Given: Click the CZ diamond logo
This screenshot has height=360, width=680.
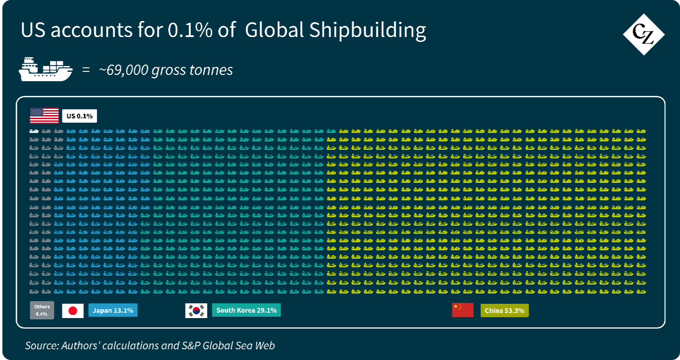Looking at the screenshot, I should click(x=643, y=34).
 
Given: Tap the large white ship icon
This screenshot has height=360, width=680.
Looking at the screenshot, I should click(x=46, y=69).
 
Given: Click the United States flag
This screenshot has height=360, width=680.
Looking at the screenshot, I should click(x=44, y=116).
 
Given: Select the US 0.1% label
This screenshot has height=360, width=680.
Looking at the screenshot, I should click(x=79, y=116).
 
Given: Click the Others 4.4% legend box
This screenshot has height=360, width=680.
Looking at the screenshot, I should click(x=42, y=310).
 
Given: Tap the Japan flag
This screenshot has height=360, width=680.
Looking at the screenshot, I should click(x=73, y=310).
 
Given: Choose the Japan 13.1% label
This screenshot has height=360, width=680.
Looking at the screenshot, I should click(x=113, y=310).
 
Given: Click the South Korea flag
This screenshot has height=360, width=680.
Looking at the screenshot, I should click(x=196, y=310).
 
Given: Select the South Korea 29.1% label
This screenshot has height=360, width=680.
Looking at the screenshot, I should click(x=246, y=310).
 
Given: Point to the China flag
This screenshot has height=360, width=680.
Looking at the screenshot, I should click(x=463, y=310).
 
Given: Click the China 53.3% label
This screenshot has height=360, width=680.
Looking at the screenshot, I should click(x=504, y=310).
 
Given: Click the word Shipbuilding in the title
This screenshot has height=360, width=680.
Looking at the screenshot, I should click(x=368, y=31).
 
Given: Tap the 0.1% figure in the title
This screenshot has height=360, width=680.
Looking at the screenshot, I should click(x=190, y=30).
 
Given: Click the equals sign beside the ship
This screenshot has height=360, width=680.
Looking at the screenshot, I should click(x=86, y=70).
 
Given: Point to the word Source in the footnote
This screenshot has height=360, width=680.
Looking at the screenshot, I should click(x=42, y=345).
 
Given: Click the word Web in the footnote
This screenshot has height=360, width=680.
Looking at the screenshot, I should click(x=265, y=345).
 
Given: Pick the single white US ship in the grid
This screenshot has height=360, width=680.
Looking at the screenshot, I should click(x=34, y=131).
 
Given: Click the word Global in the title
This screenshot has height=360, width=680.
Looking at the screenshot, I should click(x=274, y=30).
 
